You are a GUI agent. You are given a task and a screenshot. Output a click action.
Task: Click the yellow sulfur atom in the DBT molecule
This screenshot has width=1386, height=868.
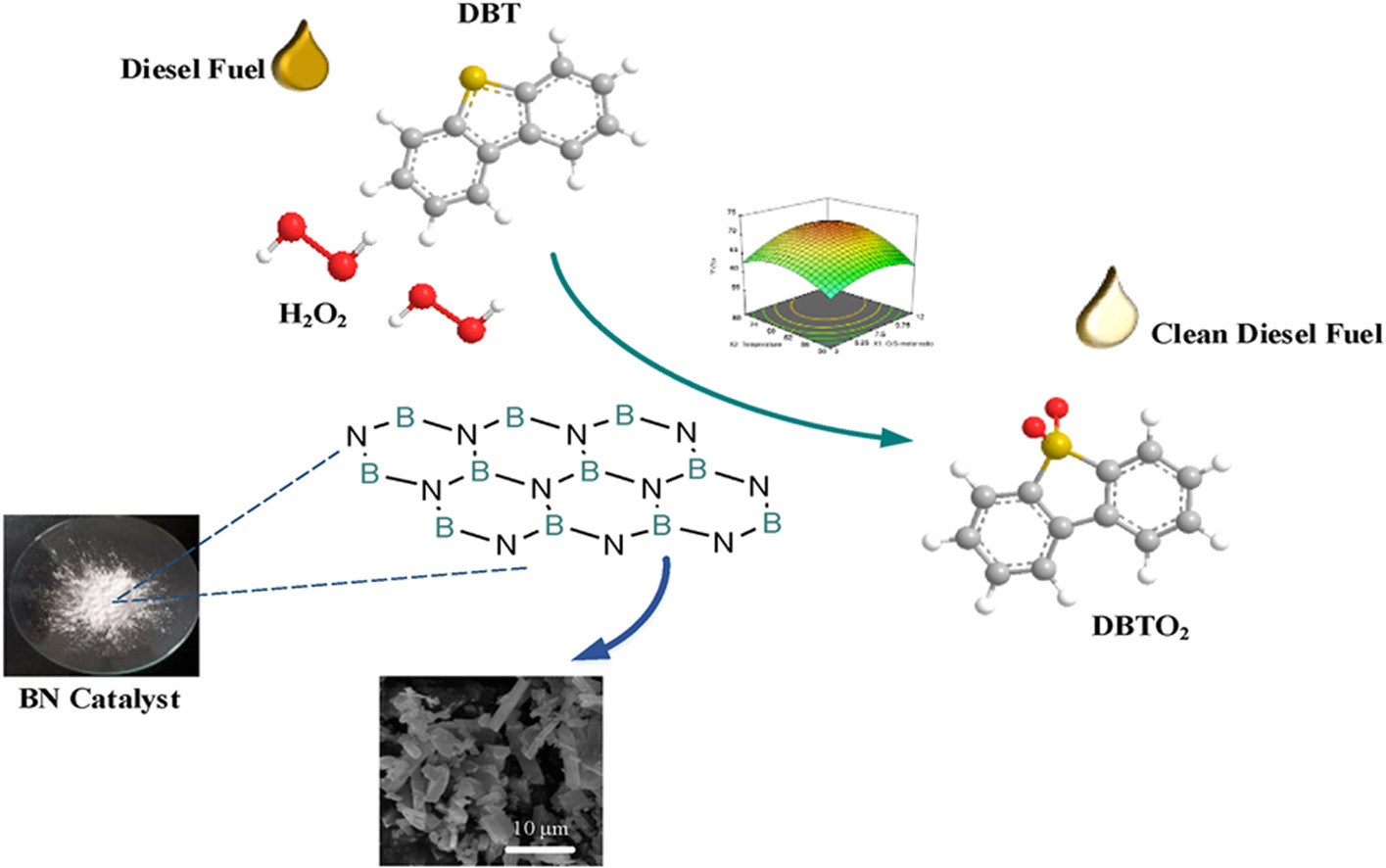point(473,76)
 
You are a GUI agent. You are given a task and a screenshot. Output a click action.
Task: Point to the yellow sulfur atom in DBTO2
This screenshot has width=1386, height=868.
point(1056,447)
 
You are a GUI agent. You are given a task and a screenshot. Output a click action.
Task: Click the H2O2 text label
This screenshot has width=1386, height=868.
point(312,315)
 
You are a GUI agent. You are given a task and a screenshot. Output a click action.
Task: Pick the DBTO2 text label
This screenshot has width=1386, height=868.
point(1139,625)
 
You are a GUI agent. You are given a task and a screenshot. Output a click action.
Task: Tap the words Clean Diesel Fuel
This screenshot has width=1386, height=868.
point(1266,334)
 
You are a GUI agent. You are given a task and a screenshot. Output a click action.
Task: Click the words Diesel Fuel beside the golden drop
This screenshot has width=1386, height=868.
point(192,69)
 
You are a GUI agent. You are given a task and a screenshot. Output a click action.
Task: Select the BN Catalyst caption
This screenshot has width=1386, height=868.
point(99,699)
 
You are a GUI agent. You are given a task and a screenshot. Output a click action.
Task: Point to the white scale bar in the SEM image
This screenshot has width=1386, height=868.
point(537,845)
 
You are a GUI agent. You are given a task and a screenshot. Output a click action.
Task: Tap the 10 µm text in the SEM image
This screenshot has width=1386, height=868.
point(540,828)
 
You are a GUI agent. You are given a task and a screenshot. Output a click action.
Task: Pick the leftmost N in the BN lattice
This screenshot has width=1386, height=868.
point(356,436)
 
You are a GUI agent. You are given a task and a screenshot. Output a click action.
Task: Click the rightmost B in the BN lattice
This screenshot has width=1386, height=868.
point(772,523)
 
